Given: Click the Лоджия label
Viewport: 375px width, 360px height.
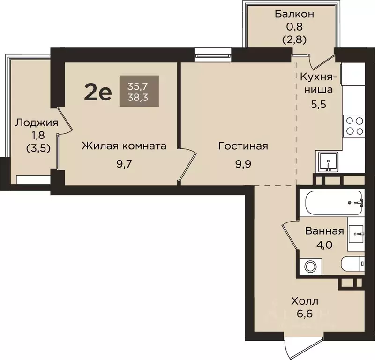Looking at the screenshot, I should [x=36, y=123].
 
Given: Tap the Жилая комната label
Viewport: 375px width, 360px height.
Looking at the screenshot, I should [x=124, y=146].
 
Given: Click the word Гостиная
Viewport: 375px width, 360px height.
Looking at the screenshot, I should [x=243, y=146].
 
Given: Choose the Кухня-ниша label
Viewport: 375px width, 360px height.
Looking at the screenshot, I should [x=316, y=83].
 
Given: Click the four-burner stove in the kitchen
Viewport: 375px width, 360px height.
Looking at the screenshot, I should [x=354, y=125].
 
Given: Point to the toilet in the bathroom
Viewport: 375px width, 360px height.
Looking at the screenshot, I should [x=352, y=264].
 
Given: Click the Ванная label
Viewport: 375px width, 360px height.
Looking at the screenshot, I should [x=324, y=231].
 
